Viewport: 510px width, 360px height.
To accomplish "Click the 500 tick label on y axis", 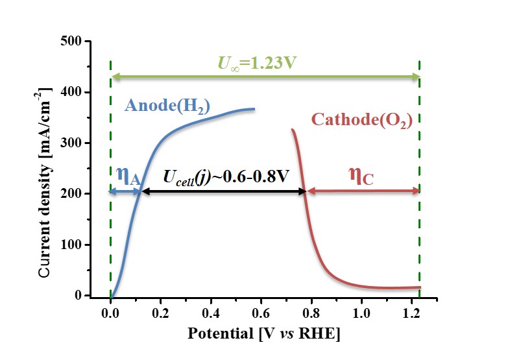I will [79, 42].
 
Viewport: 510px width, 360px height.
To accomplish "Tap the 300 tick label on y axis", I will [79, 143].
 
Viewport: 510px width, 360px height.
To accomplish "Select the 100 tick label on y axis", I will [79, 245].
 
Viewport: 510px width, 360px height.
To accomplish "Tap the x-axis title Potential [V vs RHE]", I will [263, 335].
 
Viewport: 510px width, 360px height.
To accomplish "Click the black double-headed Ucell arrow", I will [223, 191].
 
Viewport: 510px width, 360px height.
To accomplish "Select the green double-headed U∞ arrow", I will [265, 77].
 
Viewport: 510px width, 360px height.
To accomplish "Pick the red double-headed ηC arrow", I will [363, 191].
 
